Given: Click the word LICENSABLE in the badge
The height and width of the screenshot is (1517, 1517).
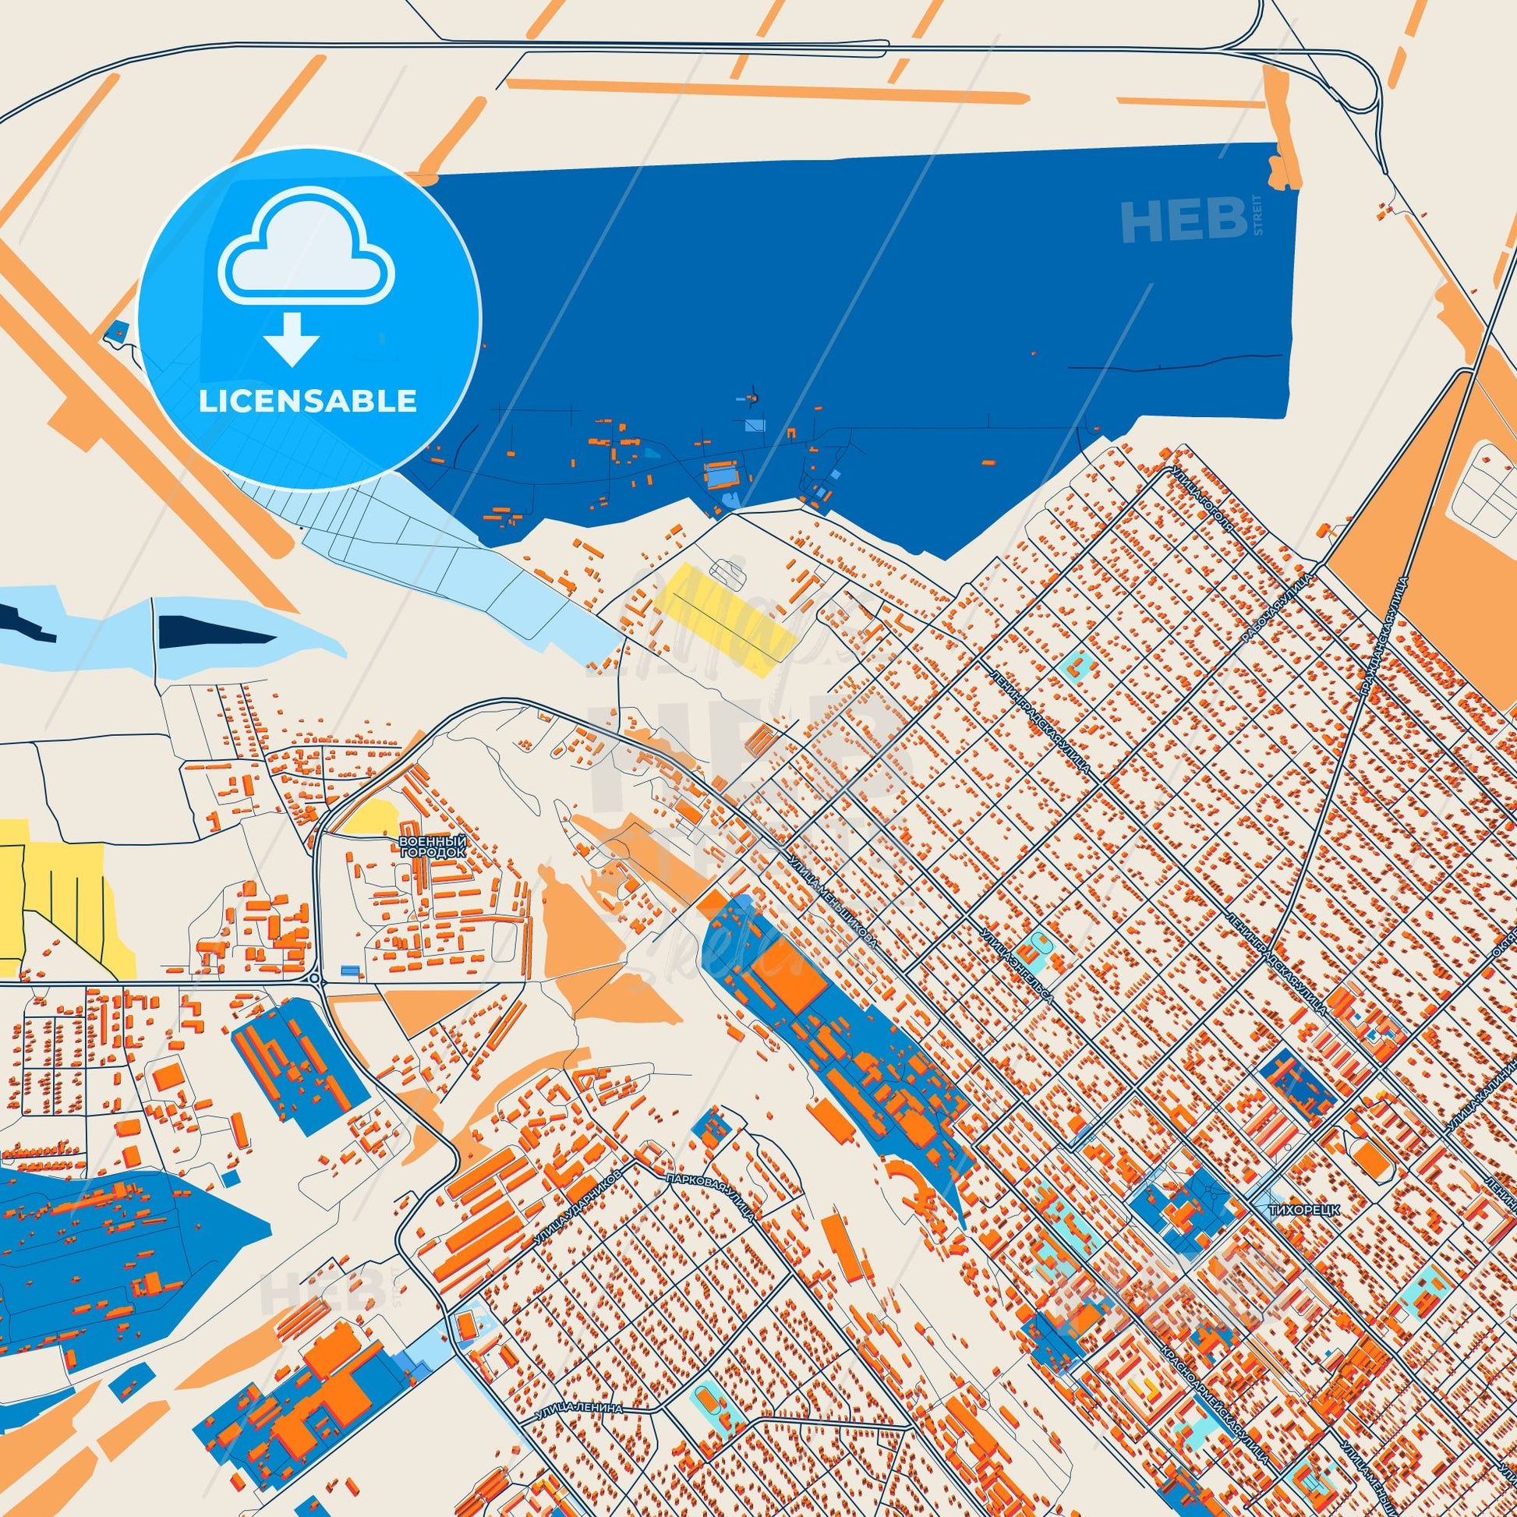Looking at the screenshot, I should [307, 401].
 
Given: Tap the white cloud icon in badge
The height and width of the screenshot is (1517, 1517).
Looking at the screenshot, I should [307, 249].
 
